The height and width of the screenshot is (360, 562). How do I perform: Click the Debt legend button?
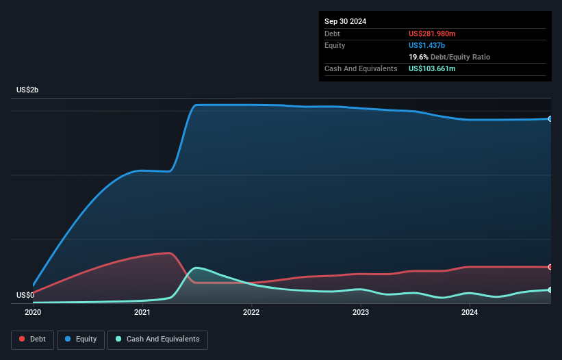pos(33,339)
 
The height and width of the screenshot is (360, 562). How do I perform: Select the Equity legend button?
pos(81,339)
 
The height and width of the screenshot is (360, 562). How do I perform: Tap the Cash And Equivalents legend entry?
pos(157,339)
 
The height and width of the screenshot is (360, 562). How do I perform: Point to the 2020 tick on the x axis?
pos(33,312)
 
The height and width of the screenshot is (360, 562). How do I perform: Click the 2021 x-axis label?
pos(142,312)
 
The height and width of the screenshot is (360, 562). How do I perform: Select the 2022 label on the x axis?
pos(251,312)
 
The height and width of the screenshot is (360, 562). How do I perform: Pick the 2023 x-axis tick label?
pos(361,312)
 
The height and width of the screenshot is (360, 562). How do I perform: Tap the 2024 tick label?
pos(470,312)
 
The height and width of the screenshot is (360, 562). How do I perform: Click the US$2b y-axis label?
pos(28,90)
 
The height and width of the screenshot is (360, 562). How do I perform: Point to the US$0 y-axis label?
pos(25,296)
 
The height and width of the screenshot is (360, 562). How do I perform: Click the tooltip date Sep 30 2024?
pos(346,21)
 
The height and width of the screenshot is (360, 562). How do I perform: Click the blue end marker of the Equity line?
pos(550,119)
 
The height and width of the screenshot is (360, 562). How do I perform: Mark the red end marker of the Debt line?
pos(550,267)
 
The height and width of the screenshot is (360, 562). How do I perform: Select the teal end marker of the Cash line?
pos(550,290)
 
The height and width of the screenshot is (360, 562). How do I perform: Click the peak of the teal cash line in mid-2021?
pos(197,268)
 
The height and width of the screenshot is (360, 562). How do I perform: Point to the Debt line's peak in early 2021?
pos(168,253)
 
